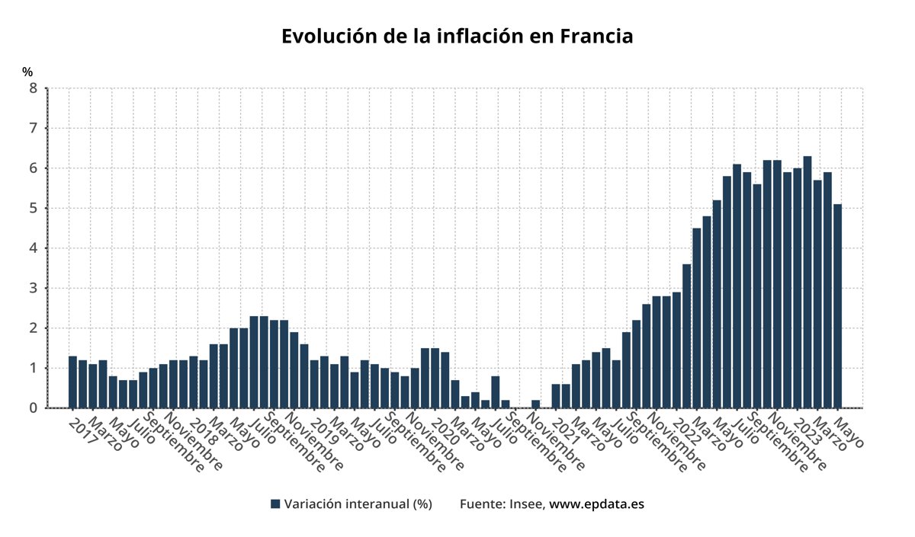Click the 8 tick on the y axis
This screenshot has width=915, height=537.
(33, 88)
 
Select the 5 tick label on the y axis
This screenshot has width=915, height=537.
(33, 208)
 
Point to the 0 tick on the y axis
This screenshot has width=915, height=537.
(33, 408)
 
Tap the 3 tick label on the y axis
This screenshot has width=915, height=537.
(33, 288)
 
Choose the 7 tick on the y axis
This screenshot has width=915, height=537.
(33, 128)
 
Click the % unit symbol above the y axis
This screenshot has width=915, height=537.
(27, 72)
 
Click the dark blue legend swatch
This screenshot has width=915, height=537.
(275, 504)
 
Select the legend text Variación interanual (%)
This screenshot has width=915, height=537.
(358, 504)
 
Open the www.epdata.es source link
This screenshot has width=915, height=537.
(597, 504)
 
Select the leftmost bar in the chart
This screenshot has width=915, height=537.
(72, 382)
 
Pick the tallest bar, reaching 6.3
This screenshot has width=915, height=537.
(807, 282)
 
